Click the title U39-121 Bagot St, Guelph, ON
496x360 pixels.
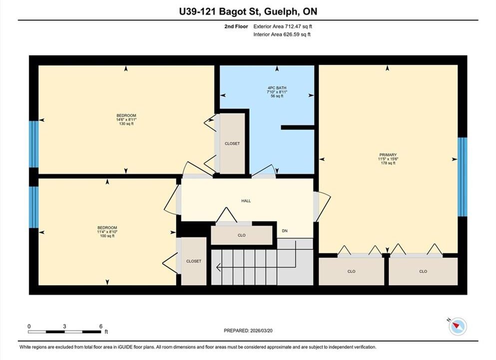tap(248, 11)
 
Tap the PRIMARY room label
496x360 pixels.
tap(388, 155)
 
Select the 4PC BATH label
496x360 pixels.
tap(277, 87)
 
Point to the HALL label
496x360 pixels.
tap(246, 200)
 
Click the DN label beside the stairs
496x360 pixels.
tap(285, 231)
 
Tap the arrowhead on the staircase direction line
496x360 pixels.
tap(218, 267)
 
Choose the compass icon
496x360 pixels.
tap(458, 326)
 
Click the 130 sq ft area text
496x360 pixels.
tap(126, 124)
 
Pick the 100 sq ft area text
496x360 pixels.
tap(107, 236)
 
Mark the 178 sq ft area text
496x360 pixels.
tap(388, 163)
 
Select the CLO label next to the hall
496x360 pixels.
tap(242, 235)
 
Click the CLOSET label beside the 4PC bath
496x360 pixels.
tap(232, 143)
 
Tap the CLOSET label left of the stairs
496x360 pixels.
tap(194, 261)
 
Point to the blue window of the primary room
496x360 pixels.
tap(462, 176)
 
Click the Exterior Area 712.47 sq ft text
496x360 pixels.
tap(283, 26)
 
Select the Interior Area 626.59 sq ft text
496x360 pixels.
tap(282, 34)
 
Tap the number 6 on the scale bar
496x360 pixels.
tap(101, 326)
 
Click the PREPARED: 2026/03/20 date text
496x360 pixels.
tap(248, 330)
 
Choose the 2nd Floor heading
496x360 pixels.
tap(236, 26)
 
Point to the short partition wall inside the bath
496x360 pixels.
tap(297, 127)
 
